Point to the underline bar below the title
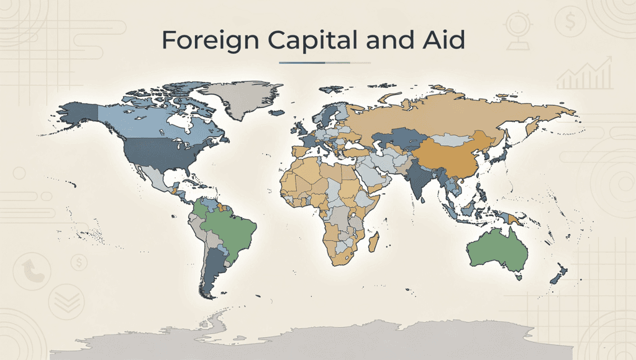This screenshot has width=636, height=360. point(325,63)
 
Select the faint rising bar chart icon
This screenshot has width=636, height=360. point(584,74)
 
